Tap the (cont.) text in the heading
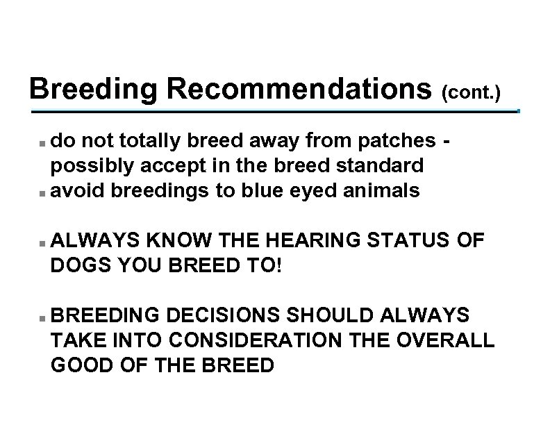tap(470, 92)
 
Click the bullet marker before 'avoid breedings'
tap(43, 192)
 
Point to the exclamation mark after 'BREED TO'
tap(280, 266)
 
